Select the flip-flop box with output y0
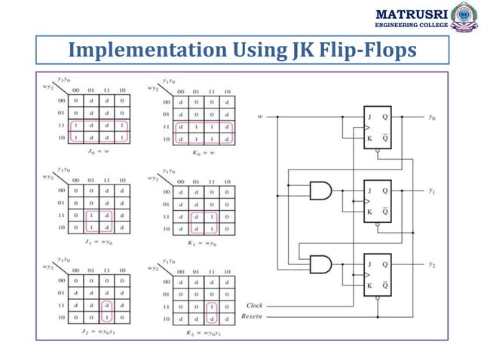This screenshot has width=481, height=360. (x=378, y=127)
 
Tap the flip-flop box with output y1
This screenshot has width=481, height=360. (x=378, y=201)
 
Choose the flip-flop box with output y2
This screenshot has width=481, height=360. (x=378, y=275)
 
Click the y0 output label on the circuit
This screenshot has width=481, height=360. (x=431, y=117)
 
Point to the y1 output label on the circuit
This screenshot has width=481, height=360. (x=431, y=191)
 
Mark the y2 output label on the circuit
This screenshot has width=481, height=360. (x=431, y=265)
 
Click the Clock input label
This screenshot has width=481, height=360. (x=255, y=306)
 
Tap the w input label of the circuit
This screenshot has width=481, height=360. (x=260, y=117)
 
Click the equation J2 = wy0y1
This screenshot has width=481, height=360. (x=100, y=330)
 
